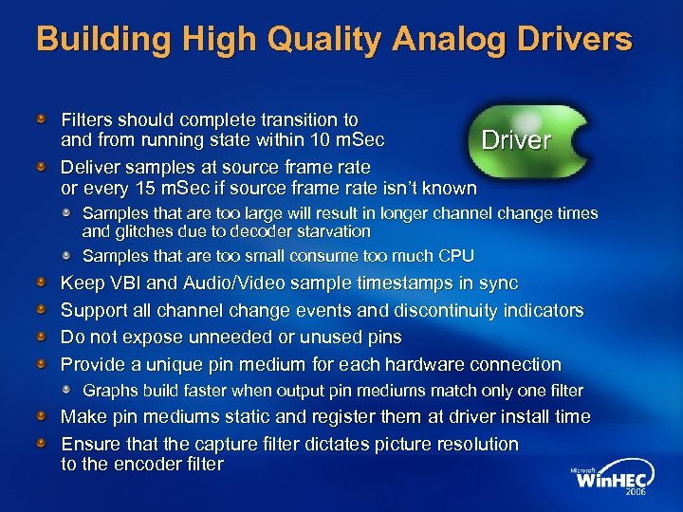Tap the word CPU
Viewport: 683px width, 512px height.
[455, 256]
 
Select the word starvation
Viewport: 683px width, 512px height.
[334, 231]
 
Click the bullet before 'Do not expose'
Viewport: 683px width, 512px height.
[43, 338]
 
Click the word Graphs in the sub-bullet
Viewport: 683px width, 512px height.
[110, 391]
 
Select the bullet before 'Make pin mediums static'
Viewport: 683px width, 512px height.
[43, 417]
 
